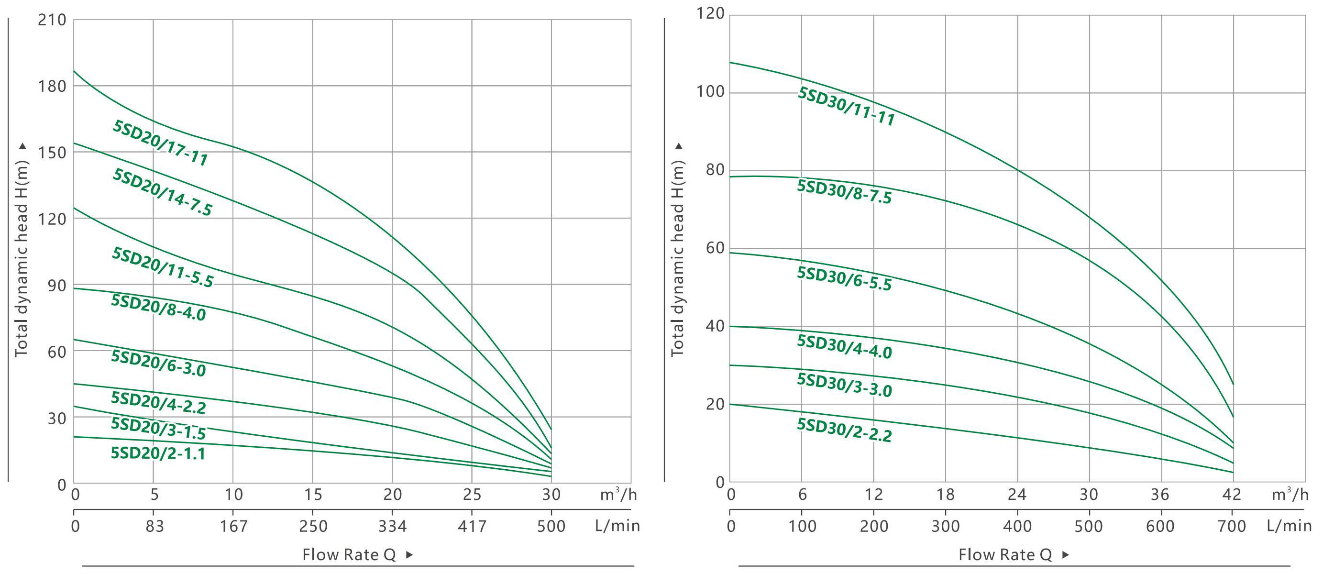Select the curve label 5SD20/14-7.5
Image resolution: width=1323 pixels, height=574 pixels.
click(162, 192)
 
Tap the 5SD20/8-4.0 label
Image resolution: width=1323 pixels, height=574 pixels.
click(159, 308)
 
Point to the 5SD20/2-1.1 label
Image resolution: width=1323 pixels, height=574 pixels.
click(158, 453)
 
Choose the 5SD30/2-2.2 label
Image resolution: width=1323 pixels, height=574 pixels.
click(844, 430)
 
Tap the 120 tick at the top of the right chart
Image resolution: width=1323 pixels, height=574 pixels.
click(710, 13)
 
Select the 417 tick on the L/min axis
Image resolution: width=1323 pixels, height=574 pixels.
click(472, 526)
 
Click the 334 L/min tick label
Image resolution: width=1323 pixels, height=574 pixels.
click(392, 526)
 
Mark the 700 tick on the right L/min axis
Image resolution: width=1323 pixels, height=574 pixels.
click(1232, 526)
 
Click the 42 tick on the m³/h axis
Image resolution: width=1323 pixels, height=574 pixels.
click(1232, 495)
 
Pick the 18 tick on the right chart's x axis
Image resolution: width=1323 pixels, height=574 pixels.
click(945, 495)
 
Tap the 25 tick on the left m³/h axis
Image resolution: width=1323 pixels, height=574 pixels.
click(472, 495)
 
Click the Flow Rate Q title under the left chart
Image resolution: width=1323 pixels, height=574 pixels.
click(349, 554)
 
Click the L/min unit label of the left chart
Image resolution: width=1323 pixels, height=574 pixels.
click(617, 526)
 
